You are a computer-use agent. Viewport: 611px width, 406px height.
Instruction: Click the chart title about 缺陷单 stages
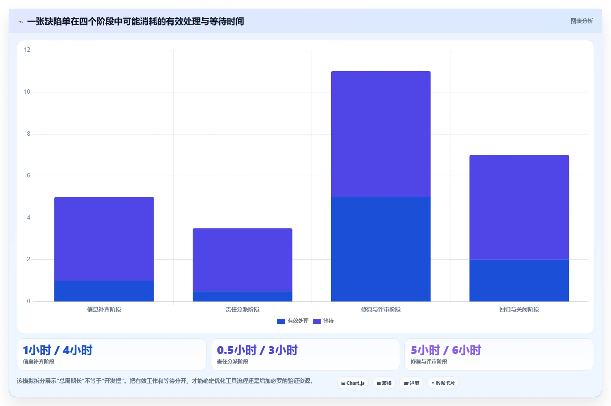pyautogui.click(x=135, y=21)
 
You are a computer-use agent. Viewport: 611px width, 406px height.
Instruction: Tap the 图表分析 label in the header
pyautogui.click(x=581, y=21)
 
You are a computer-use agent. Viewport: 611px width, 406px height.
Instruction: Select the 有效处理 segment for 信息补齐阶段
pyautogui.click(x=104, y=291)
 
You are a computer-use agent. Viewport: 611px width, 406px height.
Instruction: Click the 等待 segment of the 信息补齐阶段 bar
pyautogui.click(x=104, y=239)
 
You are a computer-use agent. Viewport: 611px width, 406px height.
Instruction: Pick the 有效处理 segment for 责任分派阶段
pyautogui.click(x=242, y=296)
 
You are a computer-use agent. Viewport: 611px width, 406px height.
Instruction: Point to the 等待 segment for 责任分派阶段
pyautogui.click(x=242, y=260)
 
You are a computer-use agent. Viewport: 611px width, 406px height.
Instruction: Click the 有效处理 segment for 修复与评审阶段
pyautogui.click(x=381, y=249)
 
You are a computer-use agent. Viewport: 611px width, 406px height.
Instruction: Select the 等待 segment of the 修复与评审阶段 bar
pyautogui.click(x=381, y=134)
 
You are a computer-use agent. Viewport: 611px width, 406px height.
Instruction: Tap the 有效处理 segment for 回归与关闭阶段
pyautogui.click(x=519, y=281)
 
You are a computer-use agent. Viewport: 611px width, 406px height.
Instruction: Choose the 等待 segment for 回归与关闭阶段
pyautogui.click(x=519, y=207)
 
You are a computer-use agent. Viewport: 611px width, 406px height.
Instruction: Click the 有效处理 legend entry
pyautogui.click(x=292, y=321)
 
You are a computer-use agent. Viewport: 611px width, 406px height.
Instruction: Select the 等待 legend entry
pyautogui.click(x=323, y=321)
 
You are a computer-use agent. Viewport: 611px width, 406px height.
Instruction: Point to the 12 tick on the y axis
pyautogui.click(x=27, y=49)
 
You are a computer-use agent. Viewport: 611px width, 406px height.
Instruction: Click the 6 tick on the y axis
pyautogui.click(x=28, y=176)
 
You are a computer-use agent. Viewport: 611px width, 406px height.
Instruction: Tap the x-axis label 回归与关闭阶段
pyautogui.click(x=519, y=309)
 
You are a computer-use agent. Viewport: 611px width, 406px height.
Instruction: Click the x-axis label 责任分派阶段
pyautogui.click(x=242, y=309)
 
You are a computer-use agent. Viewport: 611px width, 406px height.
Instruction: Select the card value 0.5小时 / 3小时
pyautogui.click(x=257, y=350)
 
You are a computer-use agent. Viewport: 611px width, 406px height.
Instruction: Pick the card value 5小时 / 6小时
pyautogui.click(x=446, y=350)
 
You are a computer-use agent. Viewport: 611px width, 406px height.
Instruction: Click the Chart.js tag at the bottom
pyautogui.click(x=353, y=383)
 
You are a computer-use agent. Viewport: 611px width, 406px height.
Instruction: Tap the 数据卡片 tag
pyautogui.click(x=443, y=383)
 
